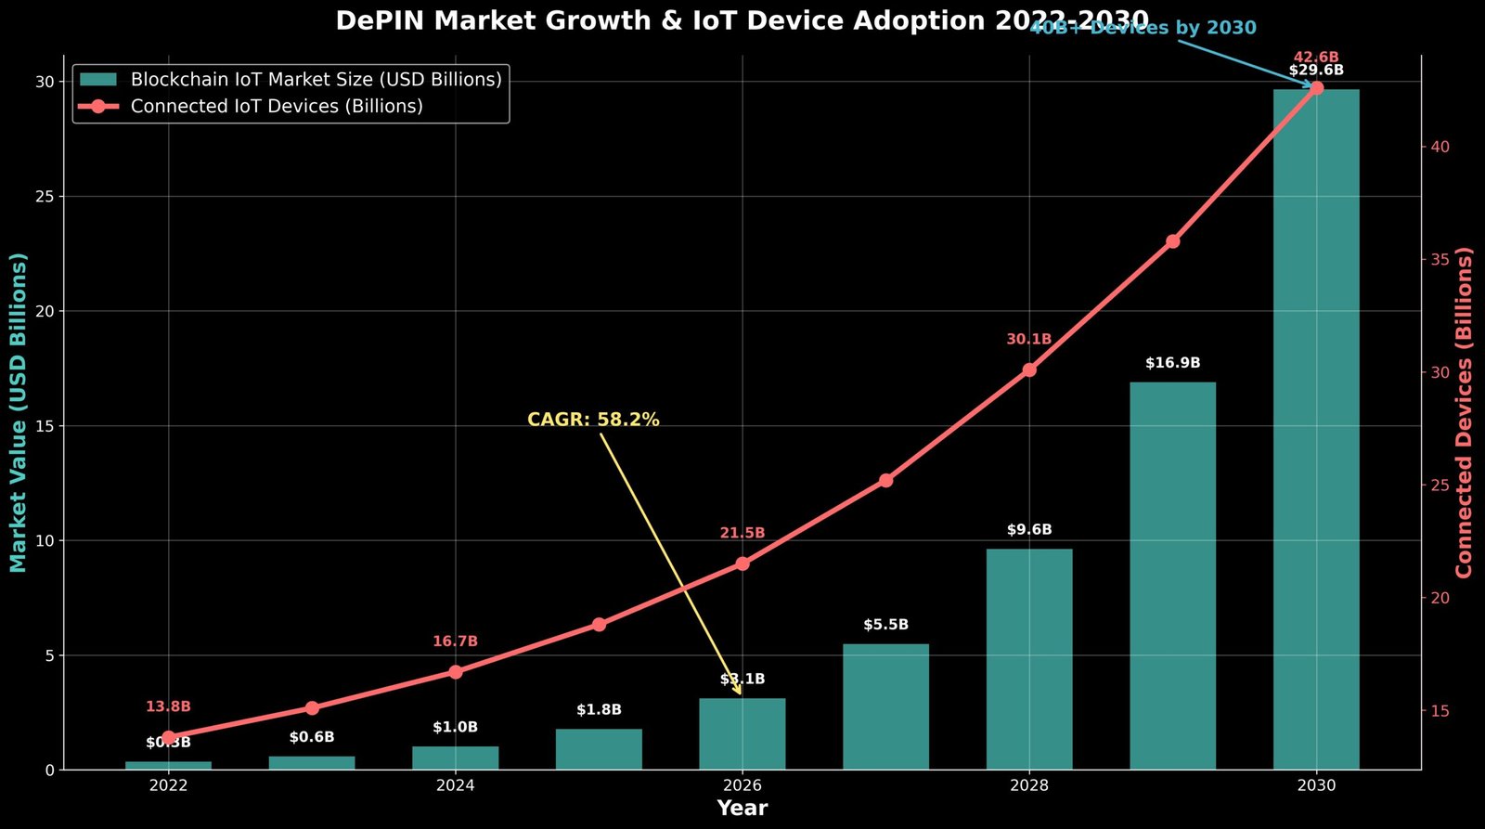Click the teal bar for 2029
coord(1172,576)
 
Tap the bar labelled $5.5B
coord(885,706)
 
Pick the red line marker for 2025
coord(599,625)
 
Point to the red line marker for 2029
coord(1172,241)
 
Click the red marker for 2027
coord(885,481)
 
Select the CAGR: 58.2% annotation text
coord(593,420)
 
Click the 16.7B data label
coord(455,641)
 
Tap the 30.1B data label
coord(1028,340)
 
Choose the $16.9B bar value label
coord(1172,363)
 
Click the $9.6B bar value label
coord(1028,530)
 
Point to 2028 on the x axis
coord(1028,785)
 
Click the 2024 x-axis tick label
coord(455,785)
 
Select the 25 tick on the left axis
coord(44,197)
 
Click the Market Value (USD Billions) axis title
coord(19,412)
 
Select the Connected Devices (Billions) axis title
coord(1465,412)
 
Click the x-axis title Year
coord(742,809)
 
